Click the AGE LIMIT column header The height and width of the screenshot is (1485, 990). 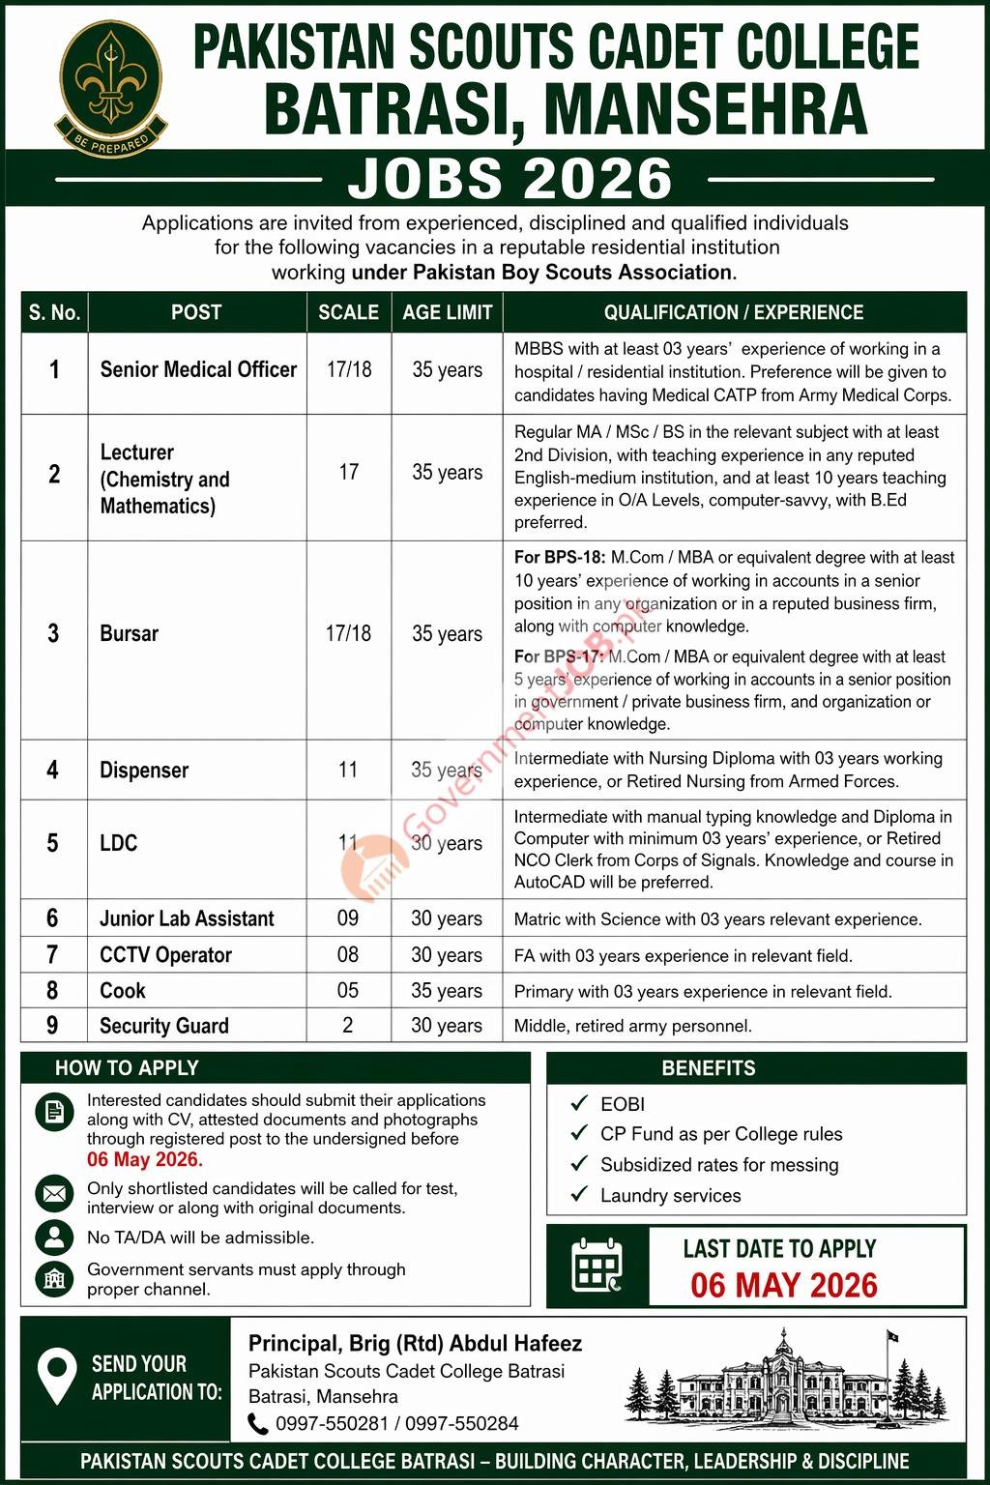(447, 312)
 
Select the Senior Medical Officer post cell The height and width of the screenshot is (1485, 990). (198, 369)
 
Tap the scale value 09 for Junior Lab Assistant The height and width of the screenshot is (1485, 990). (348, 918)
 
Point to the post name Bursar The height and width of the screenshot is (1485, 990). (129, 634)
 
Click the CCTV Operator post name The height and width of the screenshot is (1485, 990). (165, 955)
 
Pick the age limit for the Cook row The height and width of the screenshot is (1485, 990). (446, 991)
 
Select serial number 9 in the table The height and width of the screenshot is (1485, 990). (53, 1026)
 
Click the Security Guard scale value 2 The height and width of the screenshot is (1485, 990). (348, 1026)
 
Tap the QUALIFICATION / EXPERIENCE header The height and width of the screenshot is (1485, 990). (734, 312)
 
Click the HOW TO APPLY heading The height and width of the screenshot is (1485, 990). (127, 1068)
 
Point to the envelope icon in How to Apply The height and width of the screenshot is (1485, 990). (54, 1195)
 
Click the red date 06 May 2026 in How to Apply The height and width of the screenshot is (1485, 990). (144, 1160)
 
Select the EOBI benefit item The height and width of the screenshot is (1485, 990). (623, 1104)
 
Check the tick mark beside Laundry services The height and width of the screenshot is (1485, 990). (579, 1195)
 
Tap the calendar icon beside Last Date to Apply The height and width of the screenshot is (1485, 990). (597, 1266)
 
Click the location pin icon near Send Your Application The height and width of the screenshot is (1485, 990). (57, 1377)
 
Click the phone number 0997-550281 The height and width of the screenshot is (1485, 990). (332, 1424)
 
